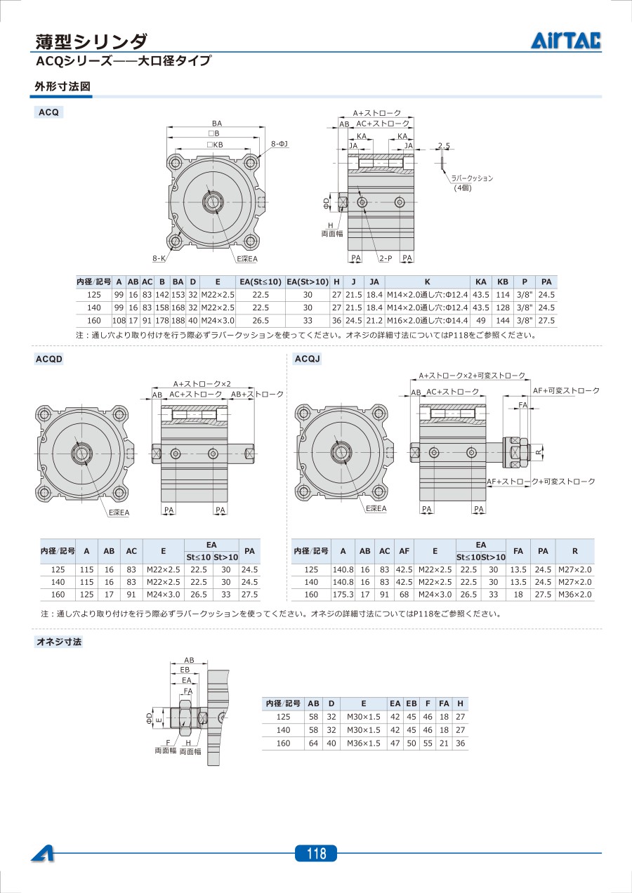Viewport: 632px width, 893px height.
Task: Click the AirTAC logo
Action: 566,41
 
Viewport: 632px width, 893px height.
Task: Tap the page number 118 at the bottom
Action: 317,853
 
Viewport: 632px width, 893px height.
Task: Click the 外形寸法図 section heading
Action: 62,86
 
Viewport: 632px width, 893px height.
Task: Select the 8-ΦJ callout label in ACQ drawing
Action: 279,143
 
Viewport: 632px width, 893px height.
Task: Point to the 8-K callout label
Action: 159,258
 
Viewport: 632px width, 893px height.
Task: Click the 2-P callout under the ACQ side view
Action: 386,258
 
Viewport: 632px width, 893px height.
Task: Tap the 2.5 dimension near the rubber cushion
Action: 444,146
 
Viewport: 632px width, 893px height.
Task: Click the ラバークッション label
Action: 472,178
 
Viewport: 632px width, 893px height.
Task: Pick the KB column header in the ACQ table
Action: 503,282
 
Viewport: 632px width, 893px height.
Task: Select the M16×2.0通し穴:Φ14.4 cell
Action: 427,321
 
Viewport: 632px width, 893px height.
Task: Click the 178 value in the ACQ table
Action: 162,321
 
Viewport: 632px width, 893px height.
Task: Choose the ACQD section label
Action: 49,359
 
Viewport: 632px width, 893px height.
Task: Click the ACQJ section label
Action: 308,359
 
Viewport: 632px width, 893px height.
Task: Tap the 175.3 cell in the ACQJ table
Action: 343,595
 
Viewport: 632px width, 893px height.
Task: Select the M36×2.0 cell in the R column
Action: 574,595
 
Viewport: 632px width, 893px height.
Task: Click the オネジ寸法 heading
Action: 59,642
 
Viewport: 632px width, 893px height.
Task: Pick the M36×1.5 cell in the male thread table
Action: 363,743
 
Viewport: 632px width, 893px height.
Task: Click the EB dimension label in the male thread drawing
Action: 185,670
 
